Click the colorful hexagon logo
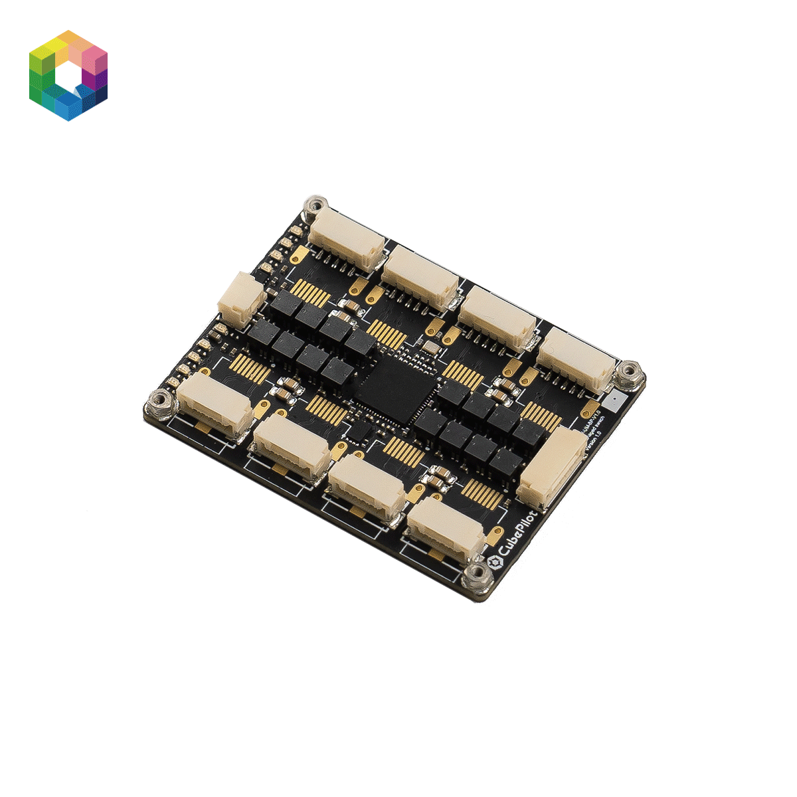(x=68, y=75)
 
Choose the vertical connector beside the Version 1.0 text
(x=552, y=467)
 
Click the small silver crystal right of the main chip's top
(x=430, y=346)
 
